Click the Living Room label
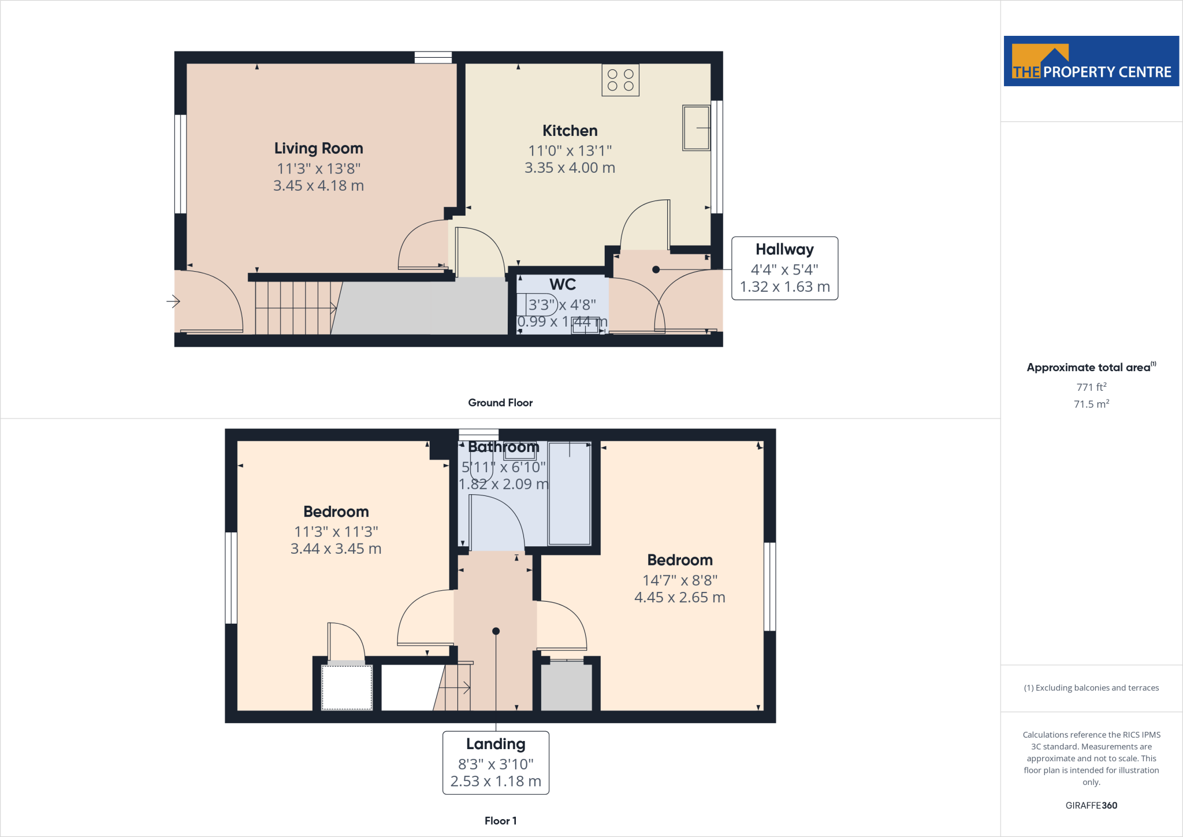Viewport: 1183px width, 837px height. click(x=318, y=149)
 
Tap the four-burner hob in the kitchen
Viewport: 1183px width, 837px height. click(x=620, y=80)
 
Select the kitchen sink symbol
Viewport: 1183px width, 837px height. click(x=696, y=128)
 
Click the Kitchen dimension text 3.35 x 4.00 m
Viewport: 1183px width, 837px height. click(x=570, y=168)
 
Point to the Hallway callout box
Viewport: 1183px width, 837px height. click(x=784, y=268)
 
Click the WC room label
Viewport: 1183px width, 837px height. click(x=563, y=284)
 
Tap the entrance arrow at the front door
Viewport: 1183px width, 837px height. click(x=173, y=301)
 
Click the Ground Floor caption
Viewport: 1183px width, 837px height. click(x=500, y=403)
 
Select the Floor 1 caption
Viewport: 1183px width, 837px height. click(x=500, y=821)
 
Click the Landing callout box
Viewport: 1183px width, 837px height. click(x=496, y=762)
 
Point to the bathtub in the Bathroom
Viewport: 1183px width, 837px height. click(x=570, y=494)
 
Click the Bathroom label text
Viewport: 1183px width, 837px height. click(x=504, y=447)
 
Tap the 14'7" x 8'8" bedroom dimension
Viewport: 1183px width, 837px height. click(x=680, y=580)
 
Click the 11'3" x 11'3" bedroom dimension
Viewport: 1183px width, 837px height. click(x=336, y=532)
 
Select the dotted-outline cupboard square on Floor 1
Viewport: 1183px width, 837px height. click(x=347, y=687)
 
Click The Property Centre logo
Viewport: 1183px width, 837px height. click(x=1091, y=61)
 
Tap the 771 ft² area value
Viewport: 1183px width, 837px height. click(x=1091, y=387)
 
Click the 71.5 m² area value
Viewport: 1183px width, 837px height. click(x=1091, y=404)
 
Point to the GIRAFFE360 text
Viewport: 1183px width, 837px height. click(x=1091, y=805)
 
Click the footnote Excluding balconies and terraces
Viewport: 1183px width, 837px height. click(x=1091, y=688)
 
